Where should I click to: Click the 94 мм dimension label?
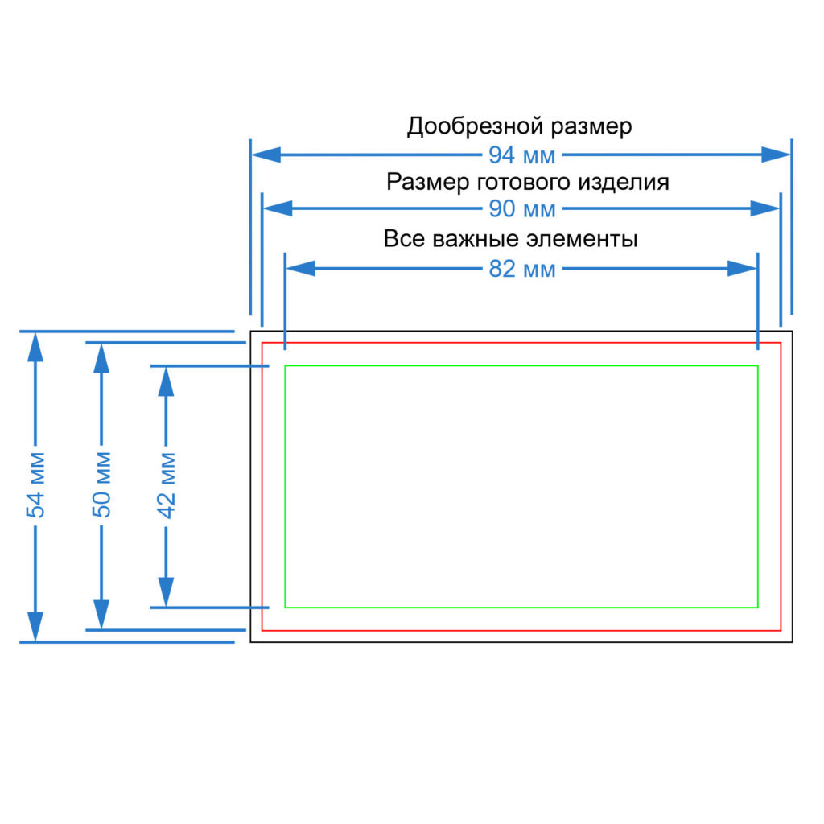(521, 155)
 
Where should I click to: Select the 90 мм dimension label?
(521, 209)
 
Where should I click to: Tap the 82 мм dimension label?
(521, 269)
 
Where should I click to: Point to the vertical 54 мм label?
(35, 484)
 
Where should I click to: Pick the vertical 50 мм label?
(102, 484)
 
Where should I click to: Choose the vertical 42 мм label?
(167, 485)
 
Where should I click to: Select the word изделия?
(624, 183)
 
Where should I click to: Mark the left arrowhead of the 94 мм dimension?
(266, 154)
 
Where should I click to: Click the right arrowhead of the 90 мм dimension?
(765, 208)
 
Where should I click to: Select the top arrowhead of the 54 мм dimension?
(35, 348)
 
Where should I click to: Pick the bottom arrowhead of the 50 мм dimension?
(101, 614)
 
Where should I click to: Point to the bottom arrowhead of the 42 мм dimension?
(166, 592)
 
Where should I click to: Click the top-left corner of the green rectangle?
(286, 366)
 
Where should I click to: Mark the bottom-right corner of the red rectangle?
(781, 630)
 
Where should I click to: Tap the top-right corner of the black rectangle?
(792, 332)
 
